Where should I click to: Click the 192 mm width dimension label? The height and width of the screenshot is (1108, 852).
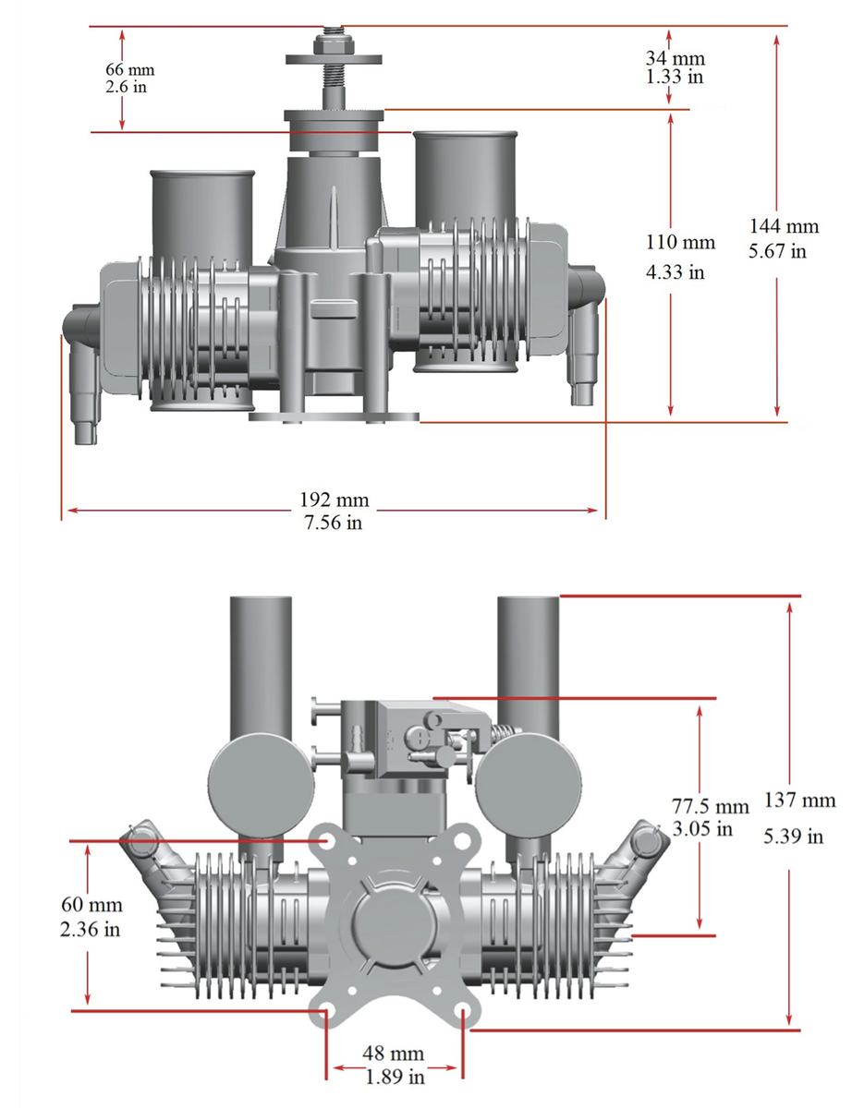(335, 500)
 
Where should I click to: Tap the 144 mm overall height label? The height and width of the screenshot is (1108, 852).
(785, 226)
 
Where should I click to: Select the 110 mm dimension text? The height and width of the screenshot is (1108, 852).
(680, 242)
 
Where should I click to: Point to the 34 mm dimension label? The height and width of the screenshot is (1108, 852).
(676, 58)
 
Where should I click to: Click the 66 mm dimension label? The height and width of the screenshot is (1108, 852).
(129, 69)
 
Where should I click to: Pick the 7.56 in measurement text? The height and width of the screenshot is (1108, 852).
(334, 523)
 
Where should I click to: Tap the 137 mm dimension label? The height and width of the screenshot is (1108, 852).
(799, 800)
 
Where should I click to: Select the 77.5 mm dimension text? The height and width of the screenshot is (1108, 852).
(711, 806)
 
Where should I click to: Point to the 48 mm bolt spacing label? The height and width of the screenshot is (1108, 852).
(393, 1053)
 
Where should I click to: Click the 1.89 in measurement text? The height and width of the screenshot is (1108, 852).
(395, 1077)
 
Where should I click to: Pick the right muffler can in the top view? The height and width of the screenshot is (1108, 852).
(466, 250)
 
